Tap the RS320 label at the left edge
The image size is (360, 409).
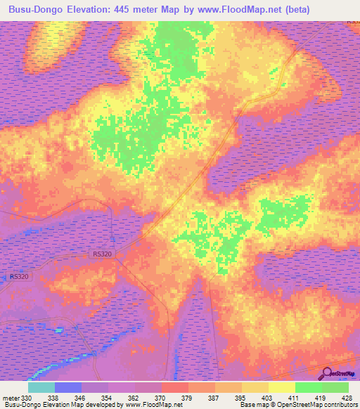pos(19,277)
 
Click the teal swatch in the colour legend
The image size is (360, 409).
pos(41,387)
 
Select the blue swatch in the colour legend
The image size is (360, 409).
pos(67,387)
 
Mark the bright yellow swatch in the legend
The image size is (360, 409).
pos(281,387)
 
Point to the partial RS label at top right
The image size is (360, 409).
pos(353,23)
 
